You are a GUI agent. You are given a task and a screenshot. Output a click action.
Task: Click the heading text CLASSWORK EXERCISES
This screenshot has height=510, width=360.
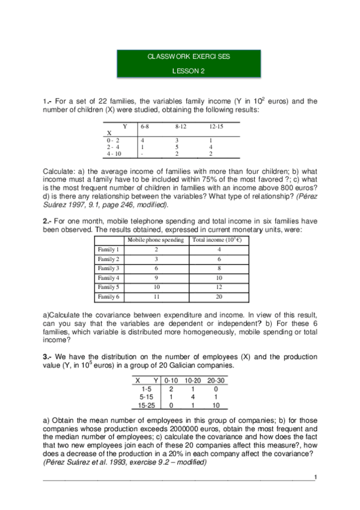(188, 57)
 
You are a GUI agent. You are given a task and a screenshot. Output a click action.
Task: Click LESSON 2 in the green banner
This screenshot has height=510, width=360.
(189, 70)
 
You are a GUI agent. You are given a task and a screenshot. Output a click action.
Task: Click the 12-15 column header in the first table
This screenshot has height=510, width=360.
(216, 127)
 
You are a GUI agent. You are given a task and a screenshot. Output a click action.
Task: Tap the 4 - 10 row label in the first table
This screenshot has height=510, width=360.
(114, 153)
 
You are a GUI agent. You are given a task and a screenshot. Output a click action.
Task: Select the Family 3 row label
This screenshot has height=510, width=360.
(109, 268)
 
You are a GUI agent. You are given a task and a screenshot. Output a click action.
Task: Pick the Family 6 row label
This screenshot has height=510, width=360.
(109, 297)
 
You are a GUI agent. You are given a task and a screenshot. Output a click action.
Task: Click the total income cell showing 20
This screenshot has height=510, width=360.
(219, 297)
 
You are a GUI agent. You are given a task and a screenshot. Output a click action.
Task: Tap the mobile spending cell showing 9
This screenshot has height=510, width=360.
(156, 278)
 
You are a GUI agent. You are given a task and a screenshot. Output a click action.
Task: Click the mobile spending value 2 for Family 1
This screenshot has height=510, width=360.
(156, 249)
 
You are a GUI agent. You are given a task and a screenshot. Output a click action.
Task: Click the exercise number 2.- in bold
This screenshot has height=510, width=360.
(47, 221)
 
